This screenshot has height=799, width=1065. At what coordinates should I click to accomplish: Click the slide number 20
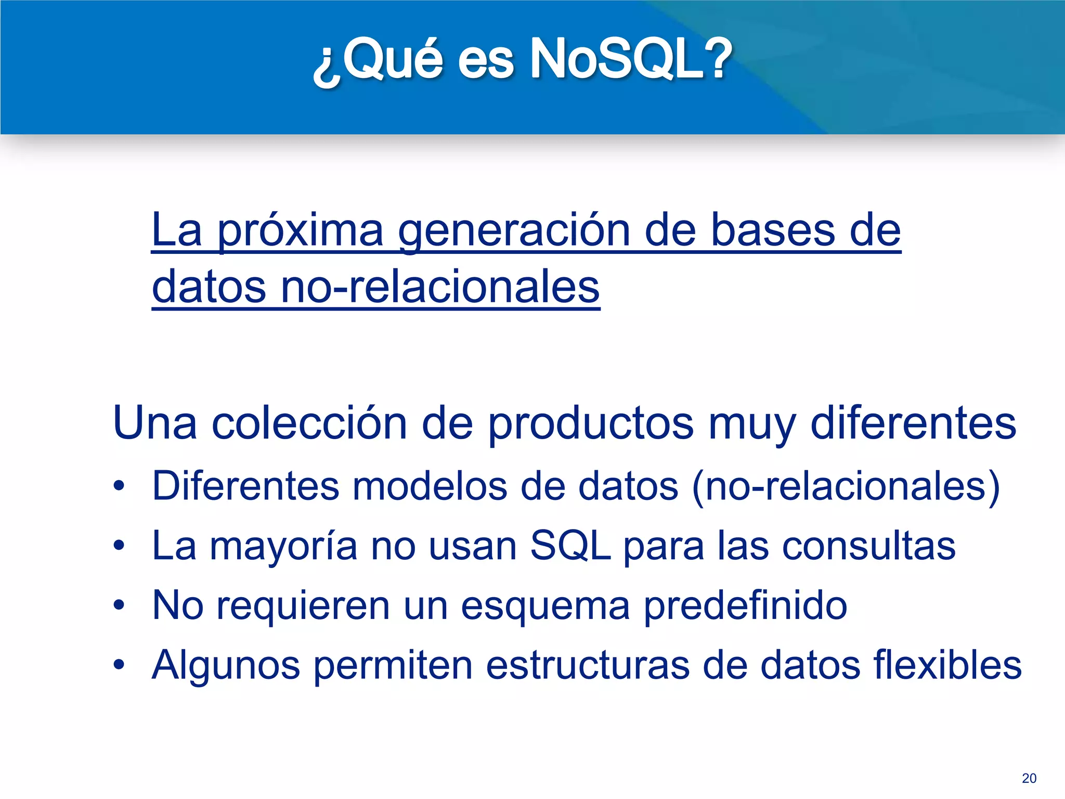click(x=1029, y=778)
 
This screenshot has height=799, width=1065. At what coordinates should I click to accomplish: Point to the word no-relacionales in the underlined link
click(x=440, y=288)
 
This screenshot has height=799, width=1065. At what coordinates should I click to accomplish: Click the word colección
click(x=309, y=423)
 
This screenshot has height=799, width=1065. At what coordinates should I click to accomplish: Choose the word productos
click(x=591, y=423)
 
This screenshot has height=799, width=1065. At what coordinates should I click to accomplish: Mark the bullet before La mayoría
click(x=119, y=546)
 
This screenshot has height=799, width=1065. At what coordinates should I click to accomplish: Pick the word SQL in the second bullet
click(x=570, y=546)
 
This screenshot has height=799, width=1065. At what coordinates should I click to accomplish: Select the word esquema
click(x=545, y=605)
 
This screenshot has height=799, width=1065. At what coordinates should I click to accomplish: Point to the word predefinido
click(x=745, y=605)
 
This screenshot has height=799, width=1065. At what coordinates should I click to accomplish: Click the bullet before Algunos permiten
click(x=119, y=665)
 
